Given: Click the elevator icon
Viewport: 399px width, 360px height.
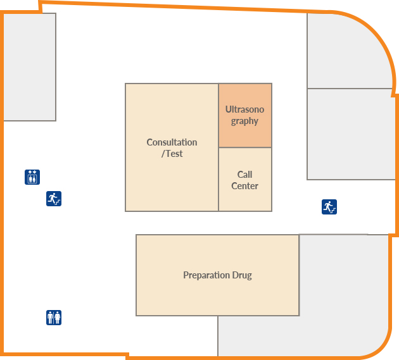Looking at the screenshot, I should tap(32, 177).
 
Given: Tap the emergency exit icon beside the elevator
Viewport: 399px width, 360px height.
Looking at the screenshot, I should tap(54, 199).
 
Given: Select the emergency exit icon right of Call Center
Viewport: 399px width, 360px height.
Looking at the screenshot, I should tap(329, 207).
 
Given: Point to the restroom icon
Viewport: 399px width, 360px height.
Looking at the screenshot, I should tap(54, 317).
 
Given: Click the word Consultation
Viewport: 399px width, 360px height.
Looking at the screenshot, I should tap(172, 142).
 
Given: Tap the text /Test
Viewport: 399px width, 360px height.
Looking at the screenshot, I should tap(172, 153).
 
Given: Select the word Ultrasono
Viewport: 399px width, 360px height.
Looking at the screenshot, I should tap(244, 109).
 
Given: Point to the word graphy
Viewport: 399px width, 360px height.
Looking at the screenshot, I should tap(244, 121).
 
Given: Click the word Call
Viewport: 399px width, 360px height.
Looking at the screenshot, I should tap(244, 175).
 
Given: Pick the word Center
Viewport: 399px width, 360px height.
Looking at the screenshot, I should tap(244, 186).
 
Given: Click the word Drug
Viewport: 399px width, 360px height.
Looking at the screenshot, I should tap(242, 275).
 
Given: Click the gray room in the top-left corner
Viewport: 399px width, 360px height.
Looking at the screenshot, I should tap(30, 66).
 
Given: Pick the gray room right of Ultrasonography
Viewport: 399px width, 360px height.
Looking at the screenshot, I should tap(350, 134).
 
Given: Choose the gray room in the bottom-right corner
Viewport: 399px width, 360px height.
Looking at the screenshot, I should tap(342, 297).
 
